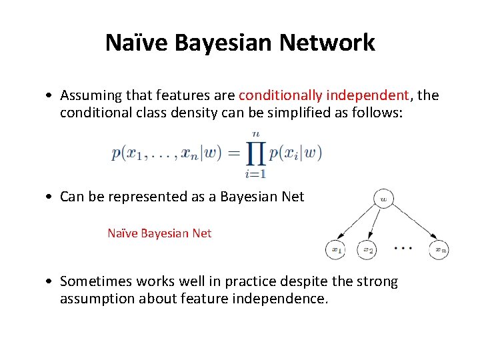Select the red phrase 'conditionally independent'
tap(323, 95)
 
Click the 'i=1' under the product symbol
tap(255, 175)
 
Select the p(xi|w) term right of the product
tap(295, 153)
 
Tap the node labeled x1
tap(335, 250)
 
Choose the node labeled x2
tap(367, 250)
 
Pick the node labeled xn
tap(439, 250)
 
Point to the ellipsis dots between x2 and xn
tap(403, 248)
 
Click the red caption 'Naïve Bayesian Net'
tap(159, 233)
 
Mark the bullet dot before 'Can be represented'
tap(51, 197)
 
